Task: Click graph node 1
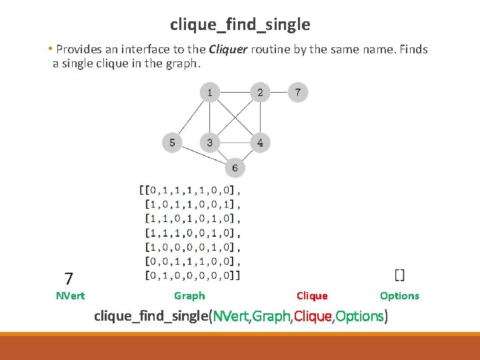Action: tap(209, 92)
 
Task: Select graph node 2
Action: tap(260, 92)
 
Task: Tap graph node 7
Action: tap(298, 91)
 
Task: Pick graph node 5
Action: tap(172, 142)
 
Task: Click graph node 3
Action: tap(209, 142)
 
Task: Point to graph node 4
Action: tap(260, 142)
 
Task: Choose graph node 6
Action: tap(235, 167)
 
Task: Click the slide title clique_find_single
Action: tap(240, 25)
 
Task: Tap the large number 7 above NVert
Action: tap(69, 278)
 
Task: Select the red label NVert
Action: tap(70, 296)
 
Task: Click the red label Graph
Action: tap(189, 296)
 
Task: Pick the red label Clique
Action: tap(312, 296)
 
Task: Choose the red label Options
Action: tap(399, 296)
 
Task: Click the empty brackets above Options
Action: tap(399, 275)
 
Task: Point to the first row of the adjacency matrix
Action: tap(190, 191)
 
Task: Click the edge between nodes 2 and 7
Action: tap(279, 92)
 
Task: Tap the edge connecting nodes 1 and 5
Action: tap(191, 117)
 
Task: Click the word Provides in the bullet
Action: tap(76, 49)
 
